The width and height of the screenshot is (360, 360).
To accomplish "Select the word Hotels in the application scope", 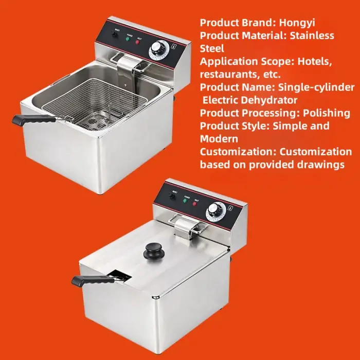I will click(309, 62).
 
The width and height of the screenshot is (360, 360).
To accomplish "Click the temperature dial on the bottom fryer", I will click(214, 210).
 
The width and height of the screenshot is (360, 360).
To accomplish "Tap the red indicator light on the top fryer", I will click(138, 42).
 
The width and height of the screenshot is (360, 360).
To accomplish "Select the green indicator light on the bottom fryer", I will click(184, 201).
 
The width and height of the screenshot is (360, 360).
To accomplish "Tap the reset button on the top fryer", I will click(114, 34).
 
